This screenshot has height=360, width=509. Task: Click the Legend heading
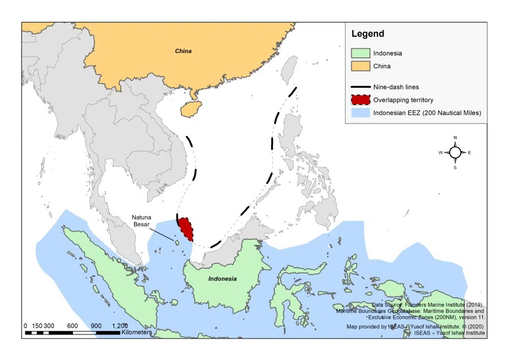pyautogui.click(x=368, y=34)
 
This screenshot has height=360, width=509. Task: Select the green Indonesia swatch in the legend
pyautogui.click(x=360, y=53)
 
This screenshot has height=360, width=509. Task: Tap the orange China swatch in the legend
pyautogui.click(x=360, y=66)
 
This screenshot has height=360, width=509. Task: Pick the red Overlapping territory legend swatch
pyautogui.click(x=360, y=100)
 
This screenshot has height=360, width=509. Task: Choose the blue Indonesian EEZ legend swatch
pyautogui.click(x=360, y=113)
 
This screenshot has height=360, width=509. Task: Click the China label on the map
pyautogui.click(x=183, y=52)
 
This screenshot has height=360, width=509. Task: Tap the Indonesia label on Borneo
pyautogui.click(x=222, y=279)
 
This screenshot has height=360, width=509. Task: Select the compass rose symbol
pyautogui.click(x=455, y=152)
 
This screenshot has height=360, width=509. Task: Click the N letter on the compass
pyautogui.click(x=455, y=138)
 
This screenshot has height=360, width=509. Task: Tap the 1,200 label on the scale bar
pyautogui.click(x=119, y=325)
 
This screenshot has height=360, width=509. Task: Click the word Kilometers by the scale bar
pyautogui.click(x=137, y=332)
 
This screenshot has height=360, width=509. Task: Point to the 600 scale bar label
pyautogui.click(x=72, y=325)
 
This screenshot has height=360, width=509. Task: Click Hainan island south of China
pyautogui.click(x=187, y=109)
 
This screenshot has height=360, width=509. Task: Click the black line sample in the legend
pyautogui.click(x=360, y=87)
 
